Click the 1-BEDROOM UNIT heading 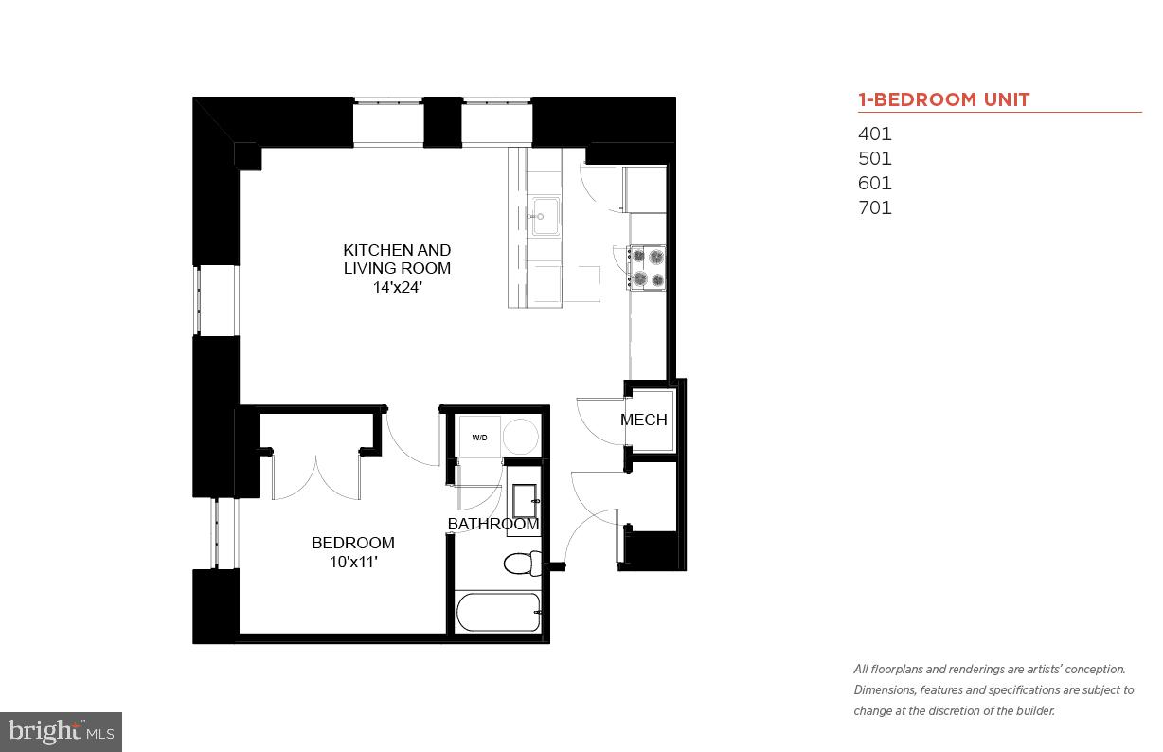point(943,99)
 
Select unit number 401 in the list point(875,134)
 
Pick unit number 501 point(875,159)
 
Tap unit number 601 point(875,184)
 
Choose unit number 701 point(875,208)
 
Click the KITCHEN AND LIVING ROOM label point(397,259)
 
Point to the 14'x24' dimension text point(397,286)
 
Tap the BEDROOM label point(353,543)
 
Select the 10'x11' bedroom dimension point(351,562)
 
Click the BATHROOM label point(493,524)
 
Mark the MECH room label point(644,420)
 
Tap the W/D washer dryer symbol point(479,437)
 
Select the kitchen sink point(545,217)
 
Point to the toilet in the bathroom point(520,564)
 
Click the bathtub point(498,612)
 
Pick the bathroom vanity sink point(524,497)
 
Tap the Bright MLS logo point(61,731)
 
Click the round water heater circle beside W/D point(520,437)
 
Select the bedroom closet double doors point(316,474)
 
